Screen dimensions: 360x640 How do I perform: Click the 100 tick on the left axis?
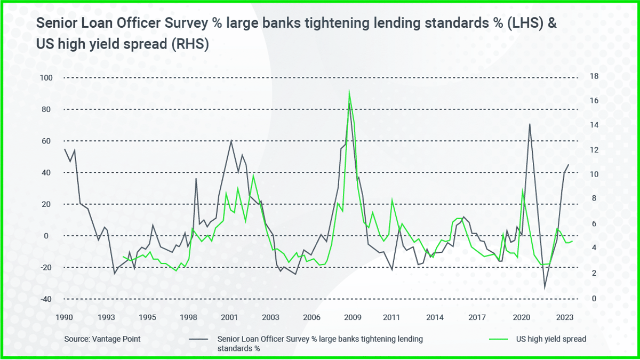pyautogui.click(x=47, y=78)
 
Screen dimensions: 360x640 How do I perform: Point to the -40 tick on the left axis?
pyautogui.click(x=46, y=299)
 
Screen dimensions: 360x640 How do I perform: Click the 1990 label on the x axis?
pyautogui.click(x=64, y=317)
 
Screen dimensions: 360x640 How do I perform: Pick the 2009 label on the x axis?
pyautogui.click(x=353, y=317)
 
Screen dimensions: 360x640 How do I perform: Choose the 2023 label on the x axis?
pyautogui.click(x=564, y=317)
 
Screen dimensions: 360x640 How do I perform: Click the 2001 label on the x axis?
pyautogui.click(x=229, y=317)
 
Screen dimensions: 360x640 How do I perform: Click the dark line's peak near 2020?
pyautogui.click(x=530, y=124)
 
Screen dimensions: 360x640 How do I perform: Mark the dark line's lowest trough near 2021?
pyautogui.click(x=545, y=289)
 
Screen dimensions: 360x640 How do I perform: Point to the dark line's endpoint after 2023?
pyautogui.click(x=569, y=165)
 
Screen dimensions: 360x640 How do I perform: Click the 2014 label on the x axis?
pyautogui.click(x=435, y=317)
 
